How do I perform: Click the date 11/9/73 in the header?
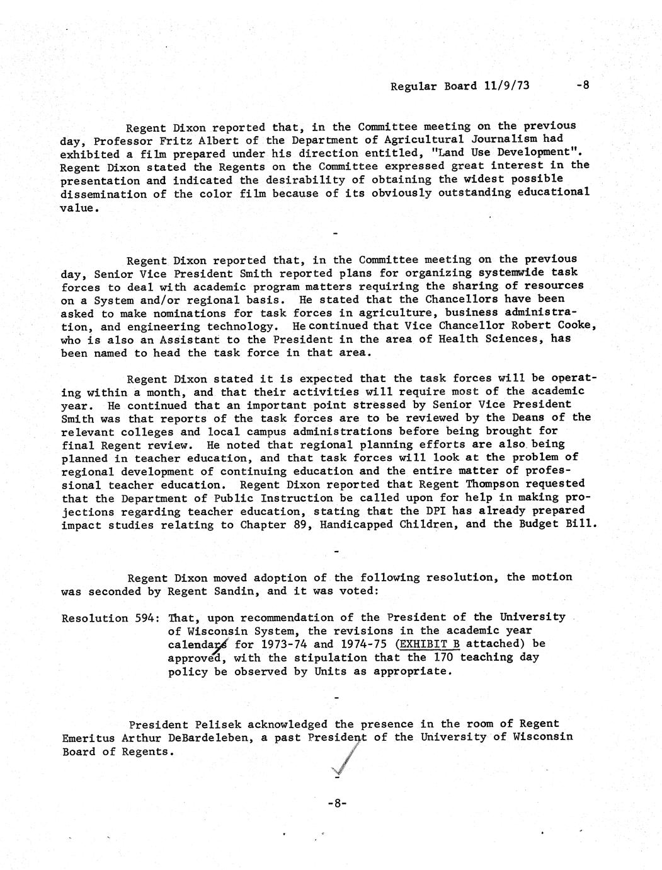507,86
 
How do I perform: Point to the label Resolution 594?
110,618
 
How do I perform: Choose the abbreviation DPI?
473,511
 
